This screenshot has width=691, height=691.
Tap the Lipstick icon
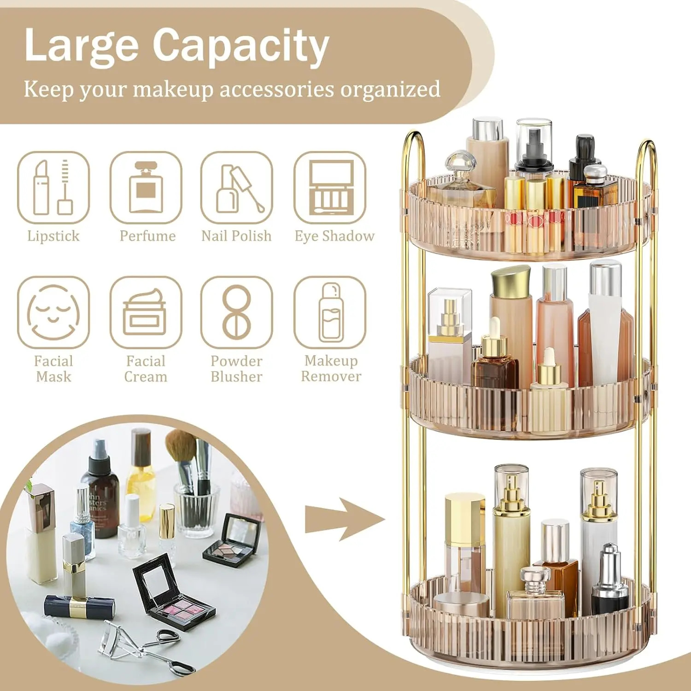point(53,187)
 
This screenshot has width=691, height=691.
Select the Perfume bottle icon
point(146,187)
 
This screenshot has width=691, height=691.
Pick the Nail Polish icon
point(237,187)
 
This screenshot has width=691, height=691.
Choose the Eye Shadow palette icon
point(330,187)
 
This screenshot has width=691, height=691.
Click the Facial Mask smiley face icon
point(53,312)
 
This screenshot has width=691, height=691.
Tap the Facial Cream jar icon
point(146,312)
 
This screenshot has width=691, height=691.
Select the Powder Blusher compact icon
point(237,312)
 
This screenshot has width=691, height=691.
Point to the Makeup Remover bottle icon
point(330,312)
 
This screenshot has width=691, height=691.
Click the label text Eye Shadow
point(335,236)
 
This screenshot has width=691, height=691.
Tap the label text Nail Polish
point(237,236)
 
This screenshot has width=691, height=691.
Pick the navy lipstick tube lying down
point(79,607)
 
